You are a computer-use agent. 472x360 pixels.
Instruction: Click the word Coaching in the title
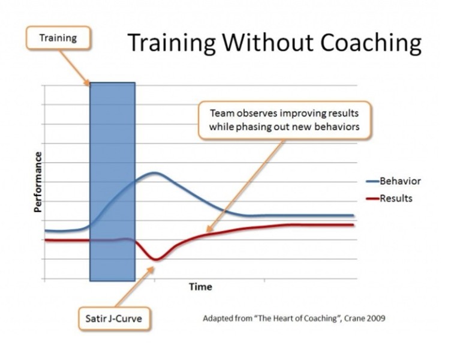[371, 43]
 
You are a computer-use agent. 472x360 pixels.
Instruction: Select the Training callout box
[58, 38]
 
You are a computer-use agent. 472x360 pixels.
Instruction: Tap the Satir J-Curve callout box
[114, 319]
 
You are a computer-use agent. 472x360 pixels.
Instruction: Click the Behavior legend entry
[393, 181]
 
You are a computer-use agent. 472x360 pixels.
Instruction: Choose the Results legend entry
[389, 198]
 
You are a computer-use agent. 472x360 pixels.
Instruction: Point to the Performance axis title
[38, 182]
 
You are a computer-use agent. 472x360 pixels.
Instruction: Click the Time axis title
[200, 287]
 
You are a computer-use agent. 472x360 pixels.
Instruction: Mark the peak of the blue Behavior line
[155, 173]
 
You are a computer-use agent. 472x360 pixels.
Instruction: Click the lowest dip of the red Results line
[155, 259]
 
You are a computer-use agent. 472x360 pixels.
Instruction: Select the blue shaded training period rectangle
[113, 182]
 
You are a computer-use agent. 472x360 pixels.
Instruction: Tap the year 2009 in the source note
[376, 318]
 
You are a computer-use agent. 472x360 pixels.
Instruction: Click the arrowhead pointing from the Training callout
[87, 83]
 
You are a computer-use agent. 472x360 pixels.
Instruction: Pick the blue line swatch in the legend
[372, 181]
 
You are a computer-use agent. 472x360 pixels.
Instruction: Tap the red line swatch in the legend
[372, 199]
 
